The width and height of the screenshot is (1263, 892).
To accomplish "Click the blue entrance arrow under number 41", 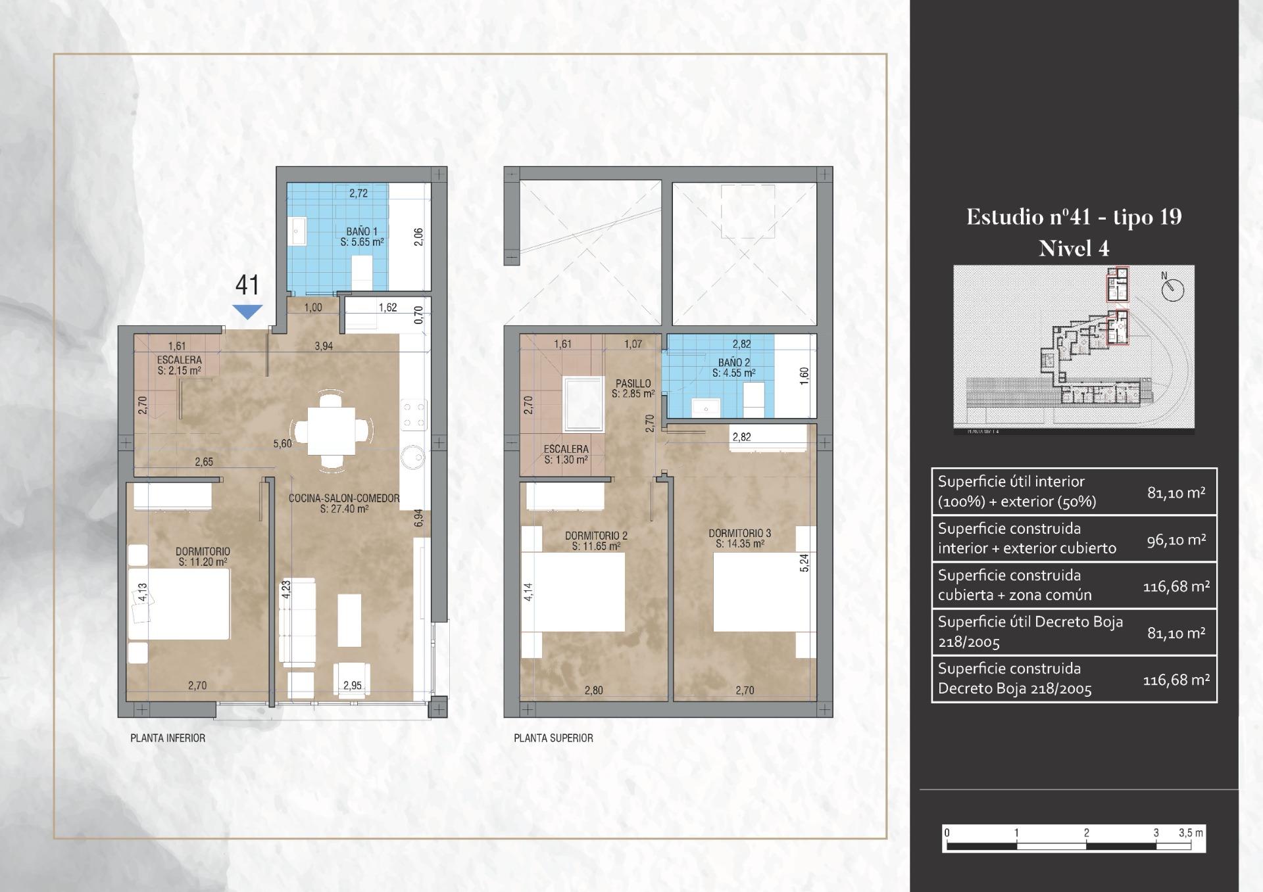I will (247, 312).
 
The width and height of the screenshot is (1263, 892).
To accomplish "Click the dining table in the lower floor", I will (332, 431).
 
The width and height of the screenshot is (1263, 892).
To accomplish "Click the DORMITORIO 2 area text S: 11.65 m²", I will (596, 546).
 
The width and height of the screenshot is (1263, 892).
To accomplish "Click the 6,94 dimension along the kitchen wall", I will (419, 519).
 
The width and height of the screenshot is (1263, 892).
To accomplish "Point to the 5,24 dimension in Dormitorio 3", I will (804, 563).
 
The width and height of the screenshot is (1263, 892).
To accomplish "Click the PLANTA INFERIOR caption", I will (168, 738).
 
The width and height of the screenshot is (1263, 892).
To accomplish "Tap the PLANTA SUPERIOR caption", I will (553, 738).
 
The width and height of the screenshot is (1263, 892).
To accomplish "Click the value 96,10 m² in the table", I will (1176, 540).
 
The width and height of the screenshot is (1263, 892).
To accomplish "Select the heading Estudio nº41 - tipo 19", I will (1074, 217).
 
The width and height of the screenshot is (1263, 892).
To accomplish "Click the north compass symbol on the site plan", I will (1172, 289).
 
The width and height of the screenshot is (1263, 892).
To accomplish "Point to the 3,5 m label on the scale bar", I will (1191, 833).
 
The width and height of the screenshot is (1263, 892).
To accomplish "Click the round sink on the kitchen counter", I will (413, 457).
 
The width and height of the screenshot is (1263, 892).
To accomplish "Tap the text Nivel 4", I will (1074, 248).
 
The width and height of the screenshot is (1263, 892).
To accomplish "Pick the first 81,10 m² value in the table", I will (1176, 492).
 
